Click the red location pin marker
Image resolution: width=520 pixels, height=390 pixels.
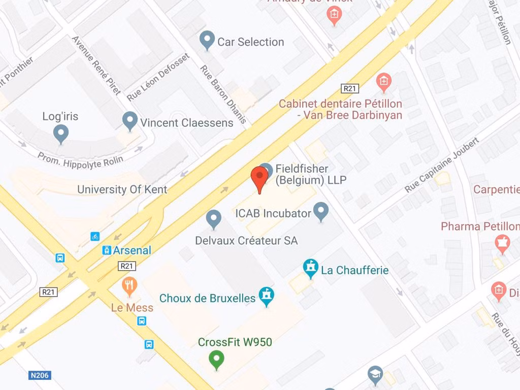(259, 177)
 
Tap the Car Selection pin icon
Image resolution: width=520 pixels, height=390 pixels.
(207, 40)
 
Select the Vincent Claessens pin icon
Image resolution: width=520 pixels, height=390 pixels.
(130, 121)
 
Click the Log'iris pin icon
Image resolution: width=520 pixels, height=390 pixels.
(61, 134)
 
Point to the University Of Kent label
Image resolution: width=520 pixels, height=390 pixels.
(122, 189)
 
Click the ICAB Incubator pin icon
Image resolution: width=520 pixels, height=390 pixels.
(320, 211)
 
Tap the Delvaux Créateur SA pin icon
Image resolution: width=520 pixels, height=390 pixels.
(214, 219)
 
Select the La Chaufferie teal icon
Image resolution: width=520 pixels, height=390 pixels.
(310, 269)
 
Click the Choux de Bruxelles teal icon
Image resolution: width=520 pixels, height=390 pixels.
(267, 297)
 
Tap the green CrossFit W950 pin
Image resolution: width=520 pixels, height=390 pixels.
(216, 360)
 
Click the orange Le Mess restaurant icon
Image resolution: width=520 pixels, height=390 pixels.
(129, 286)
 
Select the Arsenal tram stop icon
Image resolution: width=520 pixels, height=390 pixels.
(107, 250)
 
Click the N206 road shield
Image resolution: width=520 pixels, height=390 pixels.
(40, 376)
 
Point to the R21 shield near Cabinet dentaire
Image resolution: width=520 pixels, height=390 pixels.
(350, 88)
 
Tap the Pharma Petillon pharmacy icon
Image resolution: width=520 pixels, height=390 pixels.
(502, 244)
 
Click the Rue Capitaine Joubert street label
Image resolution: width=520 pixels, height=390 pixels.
(441, 165)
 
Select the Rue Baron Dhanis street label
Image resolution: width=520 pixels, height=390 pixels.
(223, 94)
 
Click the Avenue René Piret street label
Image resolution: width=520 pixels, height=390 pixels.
(96, 65)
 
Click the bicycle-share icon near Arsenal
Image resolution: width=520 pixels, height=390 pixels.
(95, 237)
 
